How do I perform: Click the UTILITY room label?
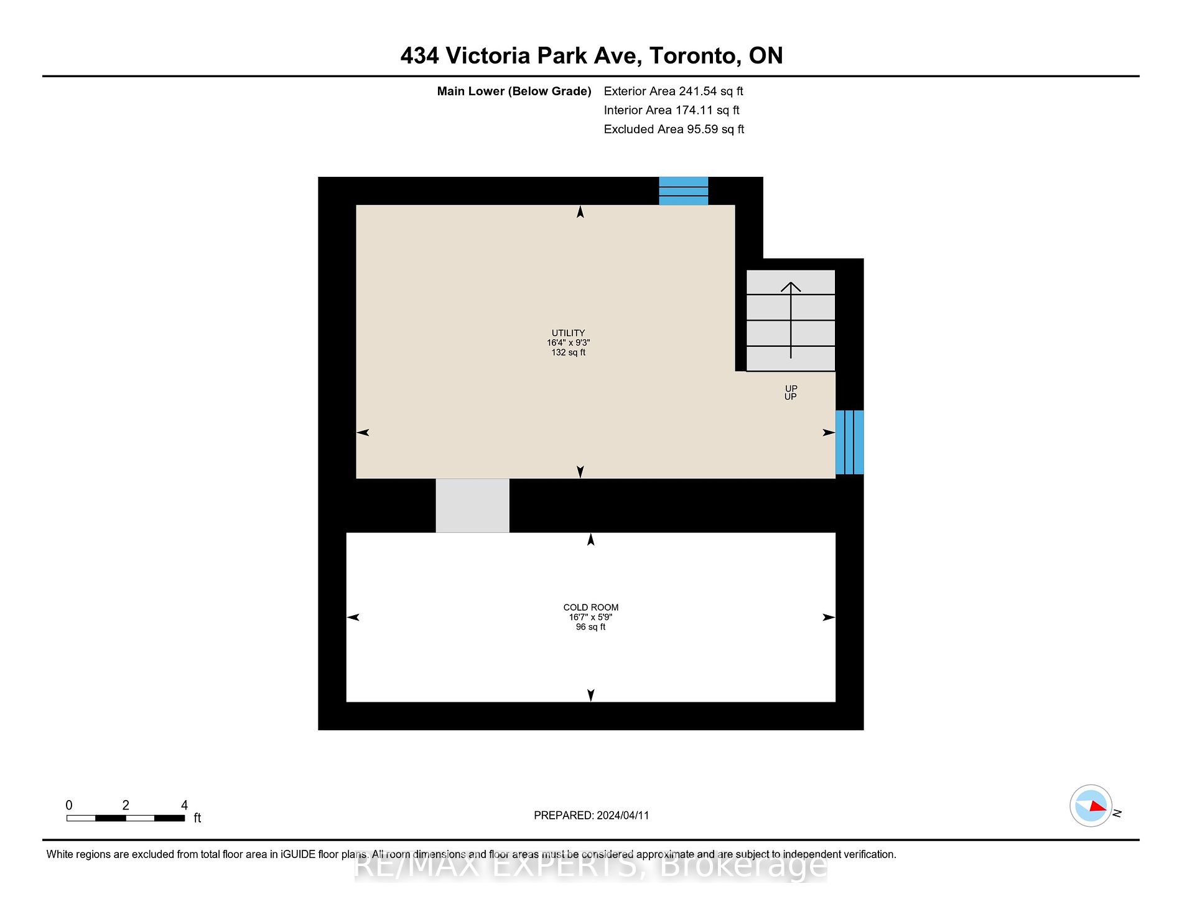pos(568,333)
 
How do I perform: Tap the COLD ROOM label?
pos(591,608)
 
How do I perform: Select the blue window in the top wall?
pos(684,191)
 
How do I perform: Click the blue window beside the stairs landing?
pos(850,442)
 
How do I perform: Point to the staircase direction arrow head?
pos(791,287)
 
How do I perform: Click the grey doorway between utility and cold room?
pos(472,506)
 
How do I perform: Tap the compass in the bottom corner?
pos(1091,806)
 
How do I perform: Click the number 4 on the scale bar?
pos(184,805)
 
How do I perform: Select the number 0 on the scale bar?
pos(69,805)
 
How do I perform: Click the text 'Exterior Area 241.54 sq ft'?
pos(674,92)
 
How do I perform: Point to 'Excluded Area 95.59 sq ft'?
pos(674,130)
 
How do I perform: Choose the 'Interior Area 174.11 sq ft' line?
pos(672,110)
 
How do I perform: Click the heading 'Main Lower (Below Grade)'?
pos(514,92)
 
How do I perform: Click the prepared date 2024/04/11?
pos(623,816)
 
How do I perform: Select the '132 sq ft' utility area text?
pos(569,352)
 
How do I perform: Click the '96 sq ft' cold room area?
pos(591,627)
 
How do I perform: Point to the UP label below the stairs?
pos(791,393)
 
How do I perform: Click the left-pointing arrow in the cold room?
pos(353,618)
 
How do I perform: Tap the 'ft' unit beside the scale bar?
pos(197,818)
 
